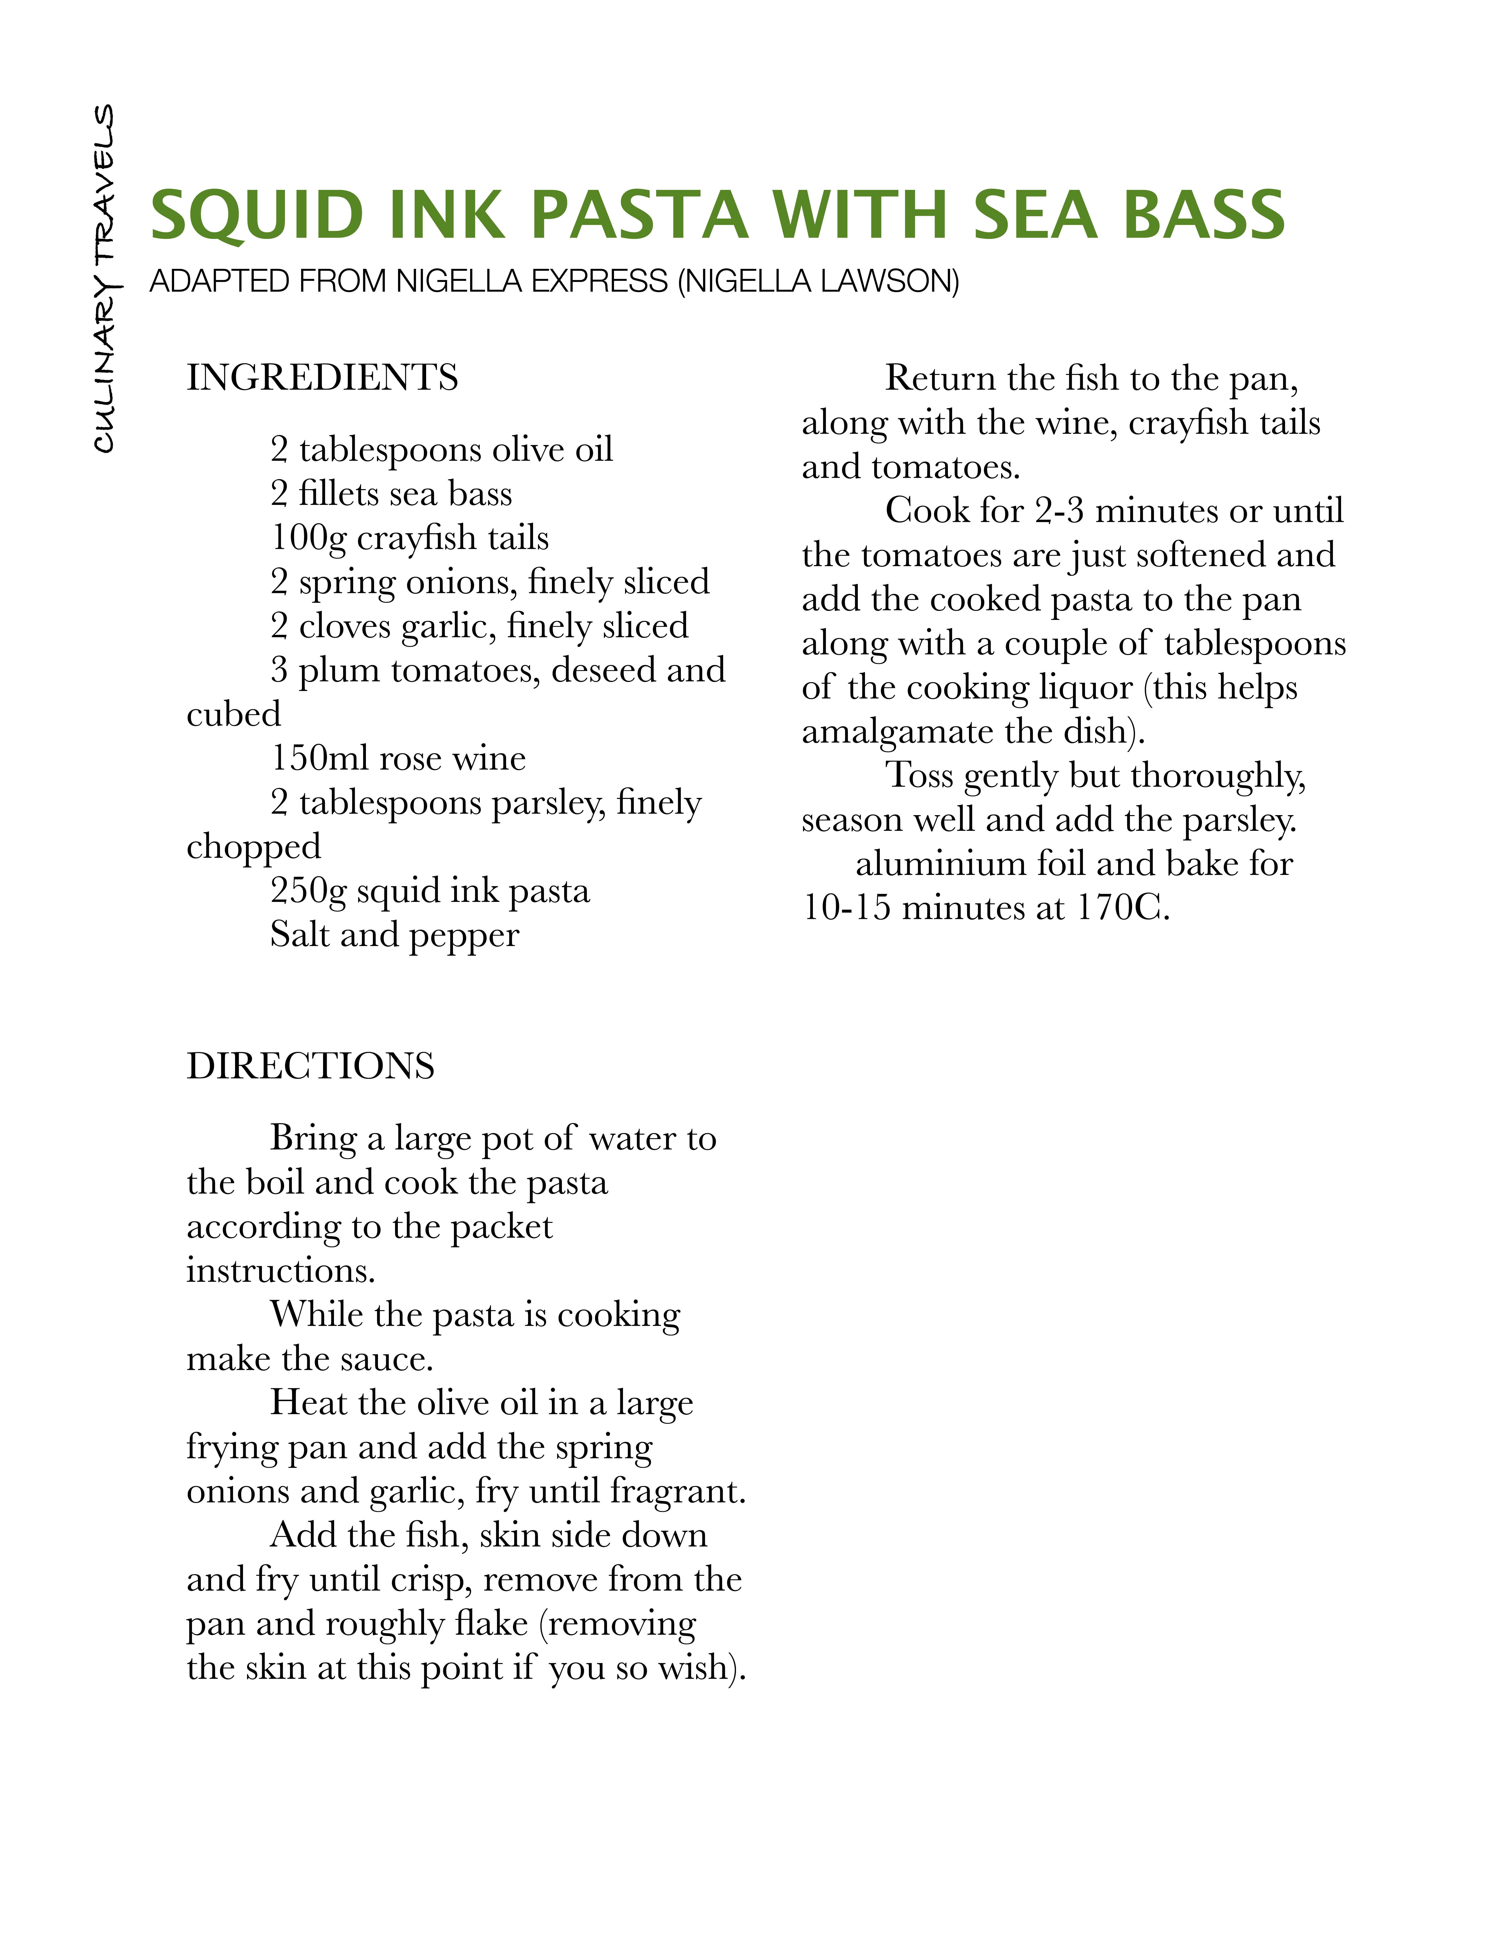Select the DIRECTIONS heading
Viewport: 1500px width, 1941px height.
[310, 1066]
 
